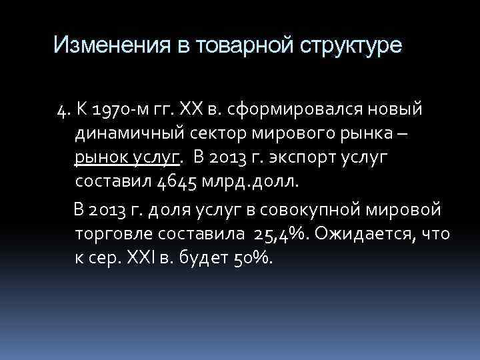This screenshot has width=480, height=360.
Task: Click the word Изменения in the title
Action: point(107,45)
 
